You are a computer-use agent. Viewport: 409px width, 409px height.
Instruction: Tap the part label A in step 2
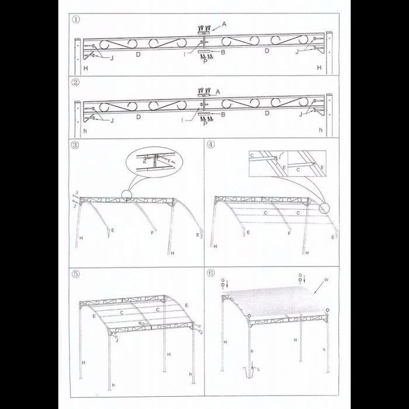click(218, 91)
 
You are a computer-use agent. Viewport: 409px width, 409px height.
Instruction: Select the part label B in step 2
click(223, 115)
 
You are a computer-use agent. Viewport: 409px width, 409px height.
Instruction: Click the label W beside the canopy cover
click(325, 281)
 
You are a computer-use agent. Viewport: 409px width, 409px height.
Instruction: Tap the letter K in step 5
click(140, 323)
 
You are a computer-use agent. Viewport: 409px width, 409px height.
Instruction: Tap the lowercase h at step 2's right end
click(320, 132)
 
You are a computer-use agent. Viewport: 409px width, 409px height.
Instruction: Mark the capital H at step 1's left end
click(85, 68)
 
